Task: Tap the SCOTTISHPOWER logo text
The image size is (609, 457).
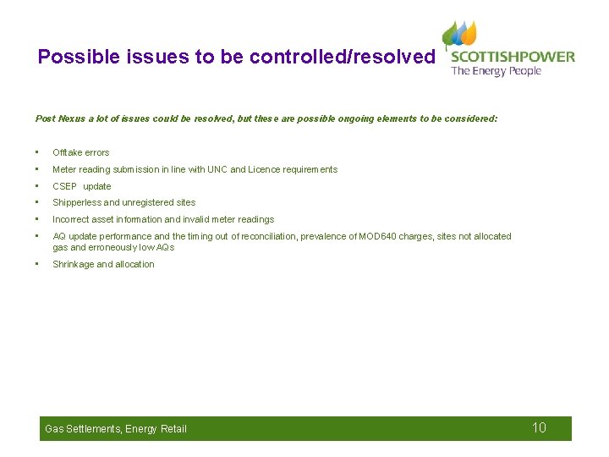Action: [512, 57]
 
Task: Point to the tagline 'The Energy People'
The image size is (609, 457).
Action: [496, 71]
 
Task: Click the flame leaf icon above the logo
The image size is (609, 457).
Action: [459, 34]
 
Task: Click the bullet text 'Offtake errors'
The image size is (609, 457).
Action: [81, 152]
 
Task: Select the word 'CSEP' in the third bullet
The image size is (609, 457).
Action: [64, 186]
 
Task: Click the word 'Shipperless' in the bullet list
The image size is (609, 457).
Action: [76, 202]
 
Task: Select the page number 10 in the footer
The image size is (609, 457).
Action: [539, 427]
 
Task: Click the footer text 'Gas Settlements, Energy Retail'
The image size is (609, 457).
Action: [115, 429]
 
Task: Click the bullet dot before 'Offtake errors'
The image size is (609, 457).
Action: [38, 152]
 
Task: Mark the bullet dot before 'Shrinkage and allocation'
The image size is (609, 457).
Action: [38, 264]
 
